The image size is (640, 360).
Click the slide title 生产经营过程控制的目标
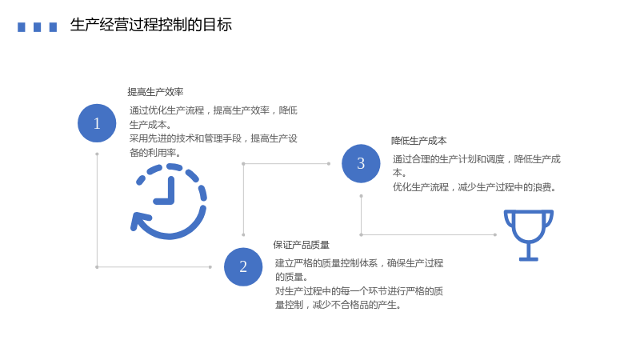coord(151,25)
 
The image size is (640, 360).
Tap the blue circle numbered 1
coord(97,123)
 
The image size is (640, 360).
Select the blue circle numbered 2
coord(243,267)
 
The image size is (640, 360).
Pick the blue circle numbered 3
coord(361,164)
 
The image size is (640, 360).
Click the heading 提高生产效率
coord(155,92)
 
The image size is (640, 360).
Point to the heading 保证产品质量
coord(302,245)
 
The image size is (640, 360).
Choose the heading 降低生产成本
coord(418,141)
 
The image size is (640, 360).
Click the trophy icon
coord(529,235)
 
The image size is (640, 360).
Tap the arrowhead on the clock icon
coord(138,222)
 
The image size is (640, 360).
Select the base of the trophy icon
coord(529,258)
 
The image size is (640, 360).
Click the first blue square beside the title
coord(22,27)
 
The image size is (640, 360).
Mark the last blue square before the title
coord(53,27)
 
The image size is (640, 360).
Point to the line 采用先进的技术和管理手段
coord(186,138)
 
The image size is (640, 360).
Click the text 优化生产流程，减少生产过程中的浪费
coord(474,187)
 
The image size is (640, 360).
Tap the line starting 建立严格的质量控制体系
coord(359,263)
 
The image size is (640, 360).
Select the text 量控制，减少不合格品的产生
coord(338,305)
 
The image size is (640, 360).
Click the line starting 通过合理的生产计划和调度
coord(477,159)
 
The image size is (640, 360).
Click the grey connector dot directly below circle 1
coord(97,154)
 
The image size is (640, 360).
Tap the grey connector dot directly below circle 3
coord(362,196)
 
